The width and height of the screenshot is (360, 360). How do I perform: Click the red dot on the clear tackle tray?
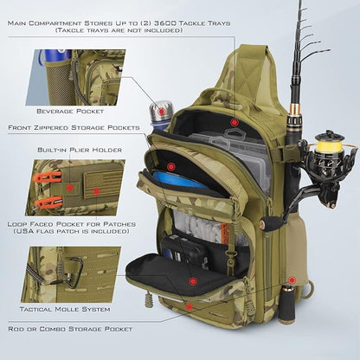pos(232,123)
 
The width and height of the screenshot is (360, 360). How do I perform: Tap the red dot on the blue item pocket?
pos(171,165)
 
